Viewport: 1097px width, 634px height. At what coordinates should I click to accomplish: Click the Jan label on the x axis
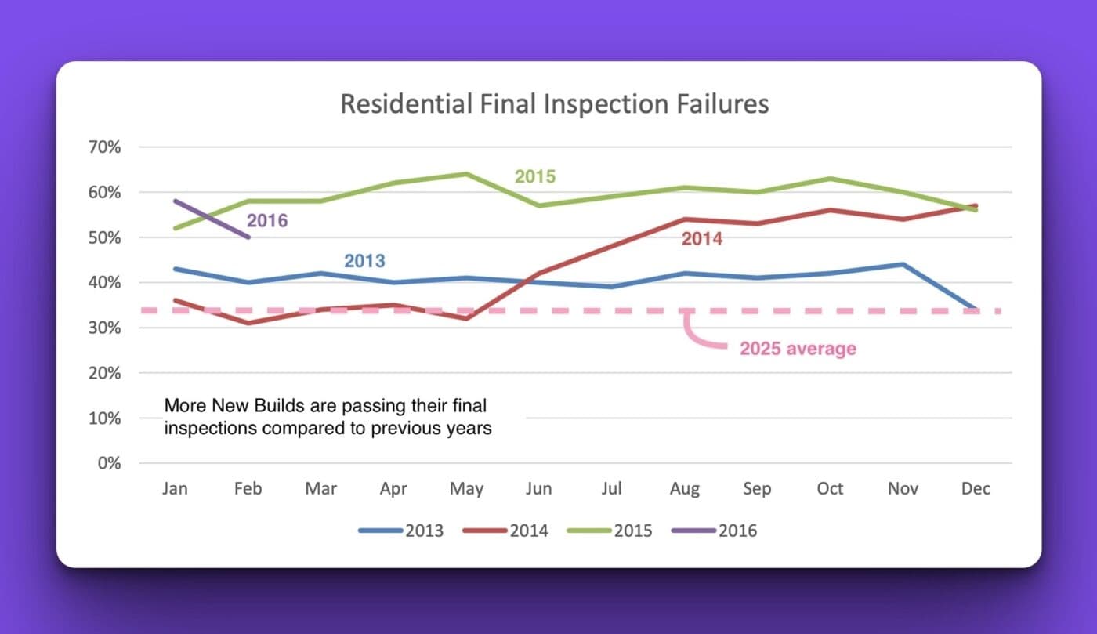(175, 489)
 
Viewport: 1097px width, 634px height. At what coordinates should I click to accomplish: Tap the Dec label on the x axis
(976, 489)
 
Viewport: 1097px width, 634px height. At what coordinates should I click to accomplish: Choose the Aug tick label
(684, 489)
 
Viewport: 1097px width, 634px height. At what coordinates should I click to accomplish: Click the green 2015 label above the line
(534, 177)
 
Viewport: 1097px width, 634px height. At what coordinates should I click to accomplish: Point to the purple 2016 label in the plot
(267, 221)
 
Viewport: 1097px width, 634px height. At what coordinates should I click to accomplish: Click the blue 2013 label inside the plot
(364, 262)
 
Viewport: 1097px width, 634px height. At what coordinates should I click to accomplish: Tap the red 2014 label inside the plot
(701, 240)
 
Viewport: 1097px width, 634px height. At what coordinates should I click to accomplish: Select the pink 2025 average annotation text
(798, 349)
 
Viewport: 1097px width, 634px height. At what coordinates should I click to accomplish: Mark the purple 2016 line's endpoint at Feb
(248, 237)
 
